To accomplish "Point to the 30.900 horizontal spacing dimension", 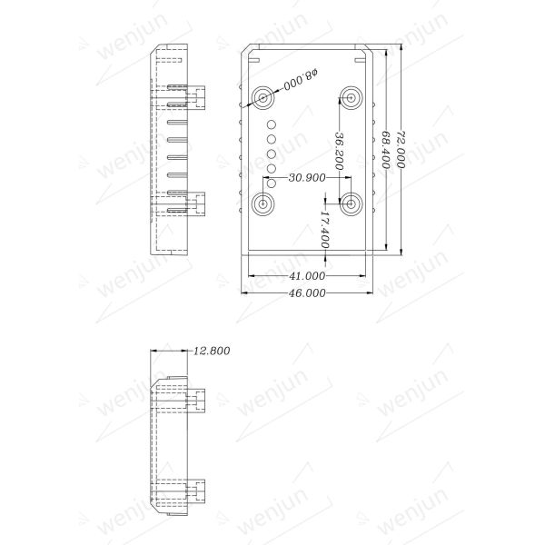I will pyautogui.click(x=307, y=178).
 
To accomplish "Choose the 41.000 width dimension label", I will pyautogui.click(x=307, y=275).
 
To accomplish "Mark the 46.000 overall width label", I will pyautogui.click(x=307, y=292).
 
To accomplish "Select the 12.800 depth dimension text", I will pyautogui.click(x=212, y=351).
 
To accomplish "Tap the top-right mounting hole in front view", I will pyautogui.click(x=352, y=95).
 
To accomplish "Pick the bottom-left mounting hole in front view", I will pyautogui.click(x=263, y=203).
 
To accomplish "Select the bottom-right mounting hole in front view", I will pyautogui.click(x=352, y=203).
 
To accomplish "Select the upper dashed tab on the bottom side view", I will pyautogui.click(x=198, y=397).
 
